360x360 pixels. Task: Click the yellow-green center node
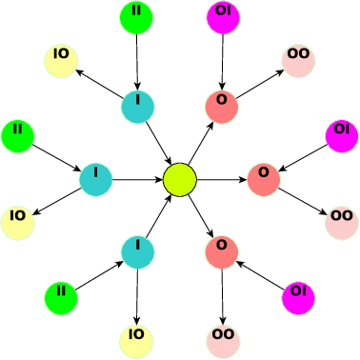pyautogui.click(x=179, y=179)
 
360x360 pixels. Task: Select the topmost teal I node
pyautogui.click(x=137, y=105)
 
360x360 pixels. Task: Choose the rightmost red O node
pyautogui.click(x=264, y=178)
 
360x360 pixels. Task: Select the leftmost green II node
pyautogui.click(x=17, y=135)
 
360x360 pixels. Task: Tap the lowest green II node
pyautogui.click(x=62, y=297)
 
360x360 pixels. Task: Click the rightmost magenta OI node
pyautogui.click(x=342, y=135)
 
